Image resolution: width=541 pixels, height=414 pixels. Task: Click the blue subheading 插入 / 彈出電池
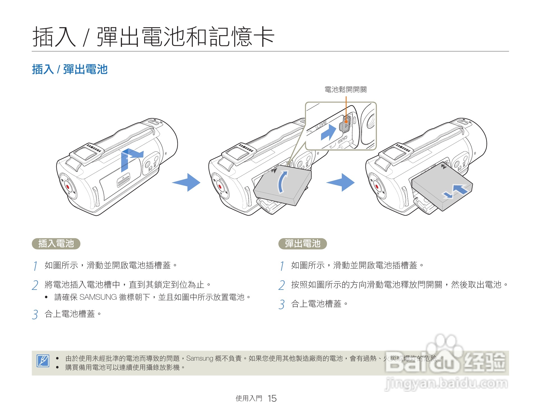70,69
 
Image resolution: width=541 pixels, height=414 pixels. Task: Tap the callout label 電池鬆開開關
345,90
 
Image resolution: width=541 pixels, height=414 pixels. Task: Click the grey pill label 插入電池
56,244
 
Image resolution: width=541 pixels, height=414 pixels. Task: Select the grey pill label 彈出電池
302,244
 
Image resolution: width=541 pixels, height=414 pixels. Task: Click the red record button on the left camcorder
68,186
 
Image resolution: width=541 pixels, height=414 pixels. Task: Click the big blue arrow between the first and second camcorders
187,182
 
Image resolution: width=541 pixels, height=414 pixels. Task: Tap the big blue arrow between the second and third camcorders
341,182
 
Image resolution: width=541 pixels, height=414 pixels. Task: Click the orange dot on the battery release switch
346,122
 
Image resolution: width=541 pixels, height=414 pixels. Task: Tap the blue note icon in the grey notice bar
43,361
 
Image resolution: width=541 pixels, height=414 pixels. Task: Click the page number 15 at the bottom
272,398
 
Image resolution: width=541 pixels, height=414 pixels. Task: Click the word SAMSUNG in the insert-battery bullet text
98,297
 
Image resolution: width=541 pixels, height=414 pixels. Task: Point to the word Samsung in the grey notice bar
200,358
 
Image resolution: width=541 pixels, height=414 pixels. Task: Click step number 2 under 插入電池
35,285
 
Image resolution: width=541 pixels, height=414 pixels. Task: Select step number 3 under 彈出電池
282,304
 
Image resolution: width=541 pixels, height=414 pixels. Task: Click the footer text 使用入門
249,398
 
